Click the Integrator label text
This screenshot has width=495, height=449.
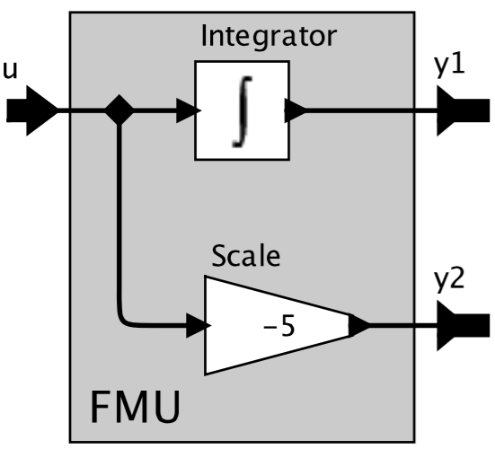pos(269,37)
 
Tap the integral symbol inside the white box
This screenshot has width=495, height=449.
pos(243,111)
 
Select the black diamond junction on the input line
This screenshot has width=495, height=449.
pos(119,110)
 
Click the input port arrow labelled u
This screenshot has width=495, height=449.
pos(32,110)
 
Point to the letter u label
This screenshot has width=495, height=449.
pos(10,71)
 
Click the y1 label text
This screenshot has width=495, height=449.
pos(449,66)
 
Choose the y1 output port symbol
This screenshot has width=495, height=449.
pos(464,110)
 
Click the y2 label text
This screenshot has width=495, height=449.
pos(449,281)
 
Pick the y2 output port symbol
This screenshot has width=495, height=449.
pos(464,325)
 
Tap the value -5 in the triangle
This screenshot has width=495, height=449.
pos(279,326)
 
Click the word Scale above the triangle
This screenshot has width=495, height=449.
pos(245,256)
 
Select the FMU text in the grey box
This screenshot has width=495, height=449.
pos(136,407)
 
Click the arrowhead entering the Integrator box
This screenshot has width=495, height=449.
pos(189,110)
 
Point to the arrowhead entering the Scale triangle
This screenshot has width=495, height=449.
pos(199,325)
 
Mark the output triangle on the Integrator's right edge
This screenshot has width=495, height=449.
pos(296,110)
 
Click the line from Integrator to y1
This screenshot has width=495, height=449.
pos(372,110)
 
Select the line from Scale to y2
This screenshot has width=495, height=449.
pos(403,325)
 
